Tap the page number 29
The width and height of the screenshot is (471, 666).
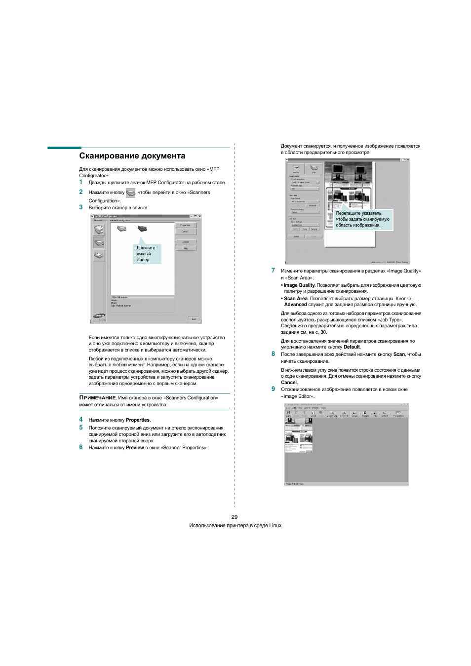click(235, 517)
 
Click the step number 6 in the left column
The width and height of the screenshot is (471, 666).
click(81, 447)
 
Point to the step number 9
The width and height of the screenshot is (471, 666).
click(273, 389)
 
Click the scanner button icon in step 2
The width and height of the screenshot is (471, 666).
click(130, 193)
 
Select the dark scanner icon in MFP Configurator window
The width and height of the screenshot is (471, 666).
click(142, 229)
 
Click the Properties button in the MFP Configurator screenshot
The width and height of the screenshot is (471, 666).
click(186, 225)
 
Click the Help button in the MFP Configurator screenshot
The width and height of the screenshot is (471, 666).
click(186, 248)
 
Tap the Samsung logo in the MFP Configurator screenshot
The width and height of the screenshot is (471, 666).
click(99, 316)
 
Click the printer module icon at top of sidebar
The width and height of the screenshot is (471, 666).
click(99, 230)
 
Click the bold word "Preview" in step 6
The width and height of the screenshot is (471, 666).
click(135, 448)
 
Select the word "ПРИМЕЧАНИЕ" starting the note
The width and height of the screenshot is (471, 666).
click(98, 398)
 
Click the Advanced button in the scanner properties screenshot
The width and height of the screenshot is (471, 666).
click(312, 206)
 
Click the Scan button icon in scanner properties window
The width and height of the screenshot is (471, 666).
click(314, 169)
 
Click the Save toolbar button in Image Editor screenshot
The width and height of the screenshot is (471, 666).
click(289, 414)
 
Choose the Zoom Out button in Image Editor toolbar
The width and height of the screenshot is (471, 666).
click(332, 414)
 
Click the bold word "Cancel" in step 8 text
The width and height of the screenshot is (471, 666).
click(289, 383)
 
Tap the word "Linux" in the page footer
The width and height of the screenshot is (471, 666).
click(275, 526)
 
